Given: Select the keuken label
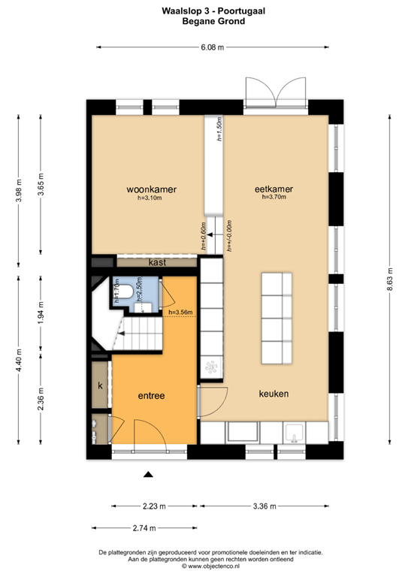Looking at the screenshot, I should (x=274, y=394).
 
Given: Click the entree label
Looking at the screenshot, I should (x=151, y=395).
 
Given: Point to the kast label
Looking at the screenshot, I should (x=157, y=262).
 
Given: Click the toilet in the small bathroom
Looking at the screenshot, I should (x=127, y=292).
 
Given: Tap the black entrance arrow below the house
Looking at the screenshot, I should (x=149, y=474).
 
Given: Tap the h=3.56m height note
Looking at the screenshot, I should (x=180, y=313).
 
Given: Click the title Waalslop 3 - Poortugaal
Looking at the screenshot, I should (x=204, y=11).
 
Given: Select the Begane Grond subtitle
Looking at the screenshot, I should (x=204, y=22).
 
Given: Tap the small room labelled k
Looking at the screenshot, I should (x=100, y=385).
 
